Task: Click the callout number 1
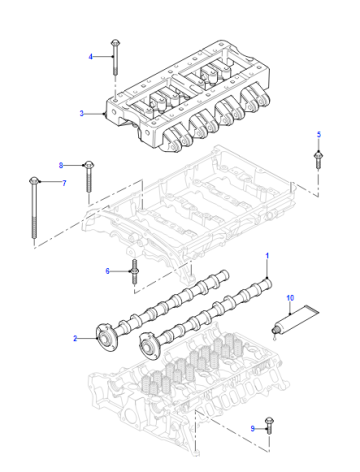267,256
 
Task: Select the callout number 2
75,339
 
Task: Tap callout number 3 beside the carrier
81,113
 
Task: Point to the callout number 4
90,57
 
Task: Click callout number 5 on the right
319,135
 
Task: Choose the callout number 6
107,271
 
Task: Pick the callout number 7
64,183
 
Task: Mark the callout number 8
61,165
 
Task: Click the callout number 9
252,428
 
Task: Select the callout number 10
290,298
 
